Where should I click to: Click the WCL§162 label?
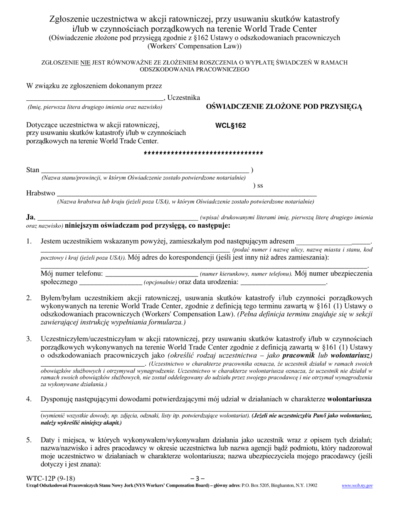pos(230,125)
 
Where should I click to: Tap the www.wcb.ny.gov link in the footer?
pos(357,485)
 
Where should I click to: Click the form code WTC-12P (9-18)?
pos(51,478)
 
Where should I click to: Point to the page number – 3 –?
pos(197,478)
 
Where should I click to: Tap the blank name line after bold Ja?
pos(118,217)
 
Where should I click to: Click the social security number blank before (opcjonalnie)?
pos(111,282)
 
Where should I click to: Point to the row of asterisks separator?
pos(203,154)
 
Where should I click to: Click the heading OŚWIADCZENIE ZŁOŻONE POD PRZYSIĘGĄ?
pos(284,107)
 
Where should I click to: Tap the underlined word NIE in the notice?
pos(85,63)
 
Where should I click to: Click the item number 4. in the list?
pos(29,399)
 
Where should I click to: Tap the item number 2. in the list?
pos(29,298)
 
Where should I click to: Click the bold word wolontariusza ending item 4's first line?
pos(349,399)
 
